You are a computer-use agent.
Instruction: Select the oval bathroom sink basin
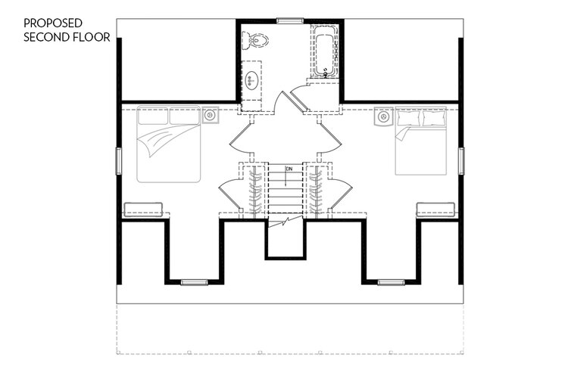click(251, 79)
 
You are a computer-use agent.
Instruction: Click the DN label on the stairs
click(289, 169)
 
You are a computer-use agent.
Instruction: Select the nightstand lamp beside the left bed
click(210, 116)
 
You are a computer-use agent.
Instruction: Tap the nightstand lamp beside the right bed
click(383, 116)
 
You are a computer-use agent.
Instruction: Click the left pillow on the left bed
click(153, 116)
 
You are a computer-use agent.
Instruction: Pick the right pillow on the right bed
click(435, 118)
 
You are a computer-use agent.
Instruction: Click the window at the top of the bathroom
click(290, 20)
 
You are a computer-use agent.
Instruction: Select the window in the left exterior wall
click(118, 161)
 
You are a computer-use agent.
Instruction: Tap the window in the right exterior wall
click(461, 161)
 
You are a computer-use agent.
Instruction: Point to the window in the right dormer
click(392, 282)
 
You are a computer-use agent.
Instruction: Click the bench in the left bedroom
click(143, 209)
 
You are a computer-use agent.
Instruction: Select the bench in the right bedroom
click(435, 209)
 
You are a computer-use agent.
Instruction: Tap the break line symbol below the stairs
click(286, 222)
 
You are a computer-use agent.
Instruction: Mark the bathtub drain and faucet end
click(325, 73)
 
